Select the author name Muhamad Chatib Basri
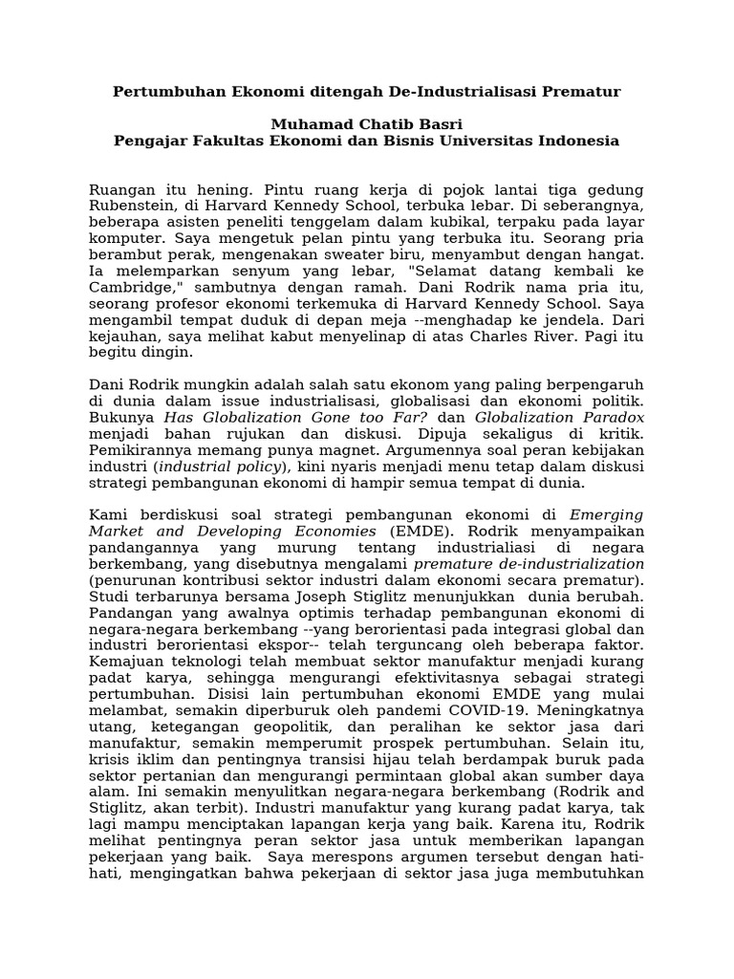366,124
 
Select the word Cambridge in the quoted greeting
132,289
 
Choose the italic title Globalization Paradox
560,418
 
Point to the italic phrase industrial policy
220,467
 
